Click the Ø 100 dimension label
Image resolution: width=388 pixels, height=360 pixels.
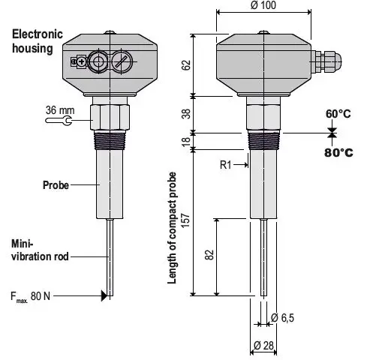point(262,7)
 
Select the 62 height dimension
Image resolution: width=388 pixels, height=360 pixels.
point(184,65)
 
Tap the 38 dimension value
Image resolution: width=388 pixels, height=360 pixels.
point(184,115)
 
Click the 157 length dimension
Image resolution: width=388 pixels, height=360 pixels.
point(184,223)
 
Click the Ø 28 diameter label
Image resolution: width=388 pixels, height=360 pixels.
point(262,345)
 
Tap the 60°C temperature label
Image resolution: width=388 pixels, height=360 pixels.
point(338,114)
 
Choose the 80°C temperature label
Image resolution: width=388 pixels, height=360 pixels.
point(338,152)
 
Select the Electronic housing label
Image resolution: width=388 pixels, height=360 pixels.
point(32,41)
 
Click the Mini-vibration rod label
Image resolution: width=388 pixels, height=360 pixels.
point(40,250)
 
